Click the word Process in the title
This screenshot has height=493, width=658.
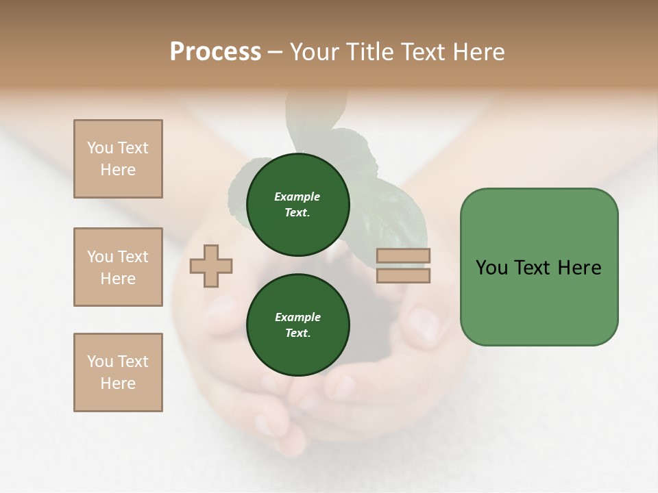pyautogui.click(x=215, y=52)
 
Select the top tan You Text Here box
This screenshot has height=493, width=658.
pyautogui.click(x=118, y=159)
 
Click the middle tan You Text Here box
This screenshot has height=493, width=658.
pyautogui.click(x=118, y=267)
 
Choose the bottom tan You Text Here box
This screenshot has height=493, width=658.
pyautogui.click(x=118, y=372)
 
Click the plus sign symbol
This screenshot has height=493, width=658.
pyautogui.click(x=211, y=266)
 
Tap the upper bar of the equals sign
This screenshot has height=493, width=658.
pyautogui.click(x=403, y=256)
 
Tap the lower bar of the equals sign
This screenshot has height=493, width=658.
pyautogui.click(x=403, y=275)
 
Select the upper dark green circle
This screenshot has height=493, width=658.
pyautogui.click(x=297, y=205)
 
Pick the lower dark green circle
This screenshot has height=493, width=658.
pyautogui.click(x=297, y=325)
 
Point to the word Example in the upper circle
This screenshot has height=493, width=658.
pyautogui.click(x=297, y=197)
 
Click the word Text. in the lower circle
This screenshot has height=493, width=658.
pyautogui.click(x=297, y=333)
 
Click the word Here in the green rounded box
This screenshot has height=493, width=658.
pyautogui.click(x=579, y=268)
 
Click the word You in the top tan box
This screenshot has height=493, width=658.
pyautogui.click(x=100, y=148)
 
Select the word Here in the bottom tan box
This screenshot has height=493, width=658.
pyautogui.click(x=118, y=383)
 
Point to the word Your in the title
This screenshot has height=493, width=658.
pyautogui.click(x=315, y=52)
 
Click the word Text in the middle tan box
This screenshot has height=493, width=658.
pyautogui.click(x=133, y=257)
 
